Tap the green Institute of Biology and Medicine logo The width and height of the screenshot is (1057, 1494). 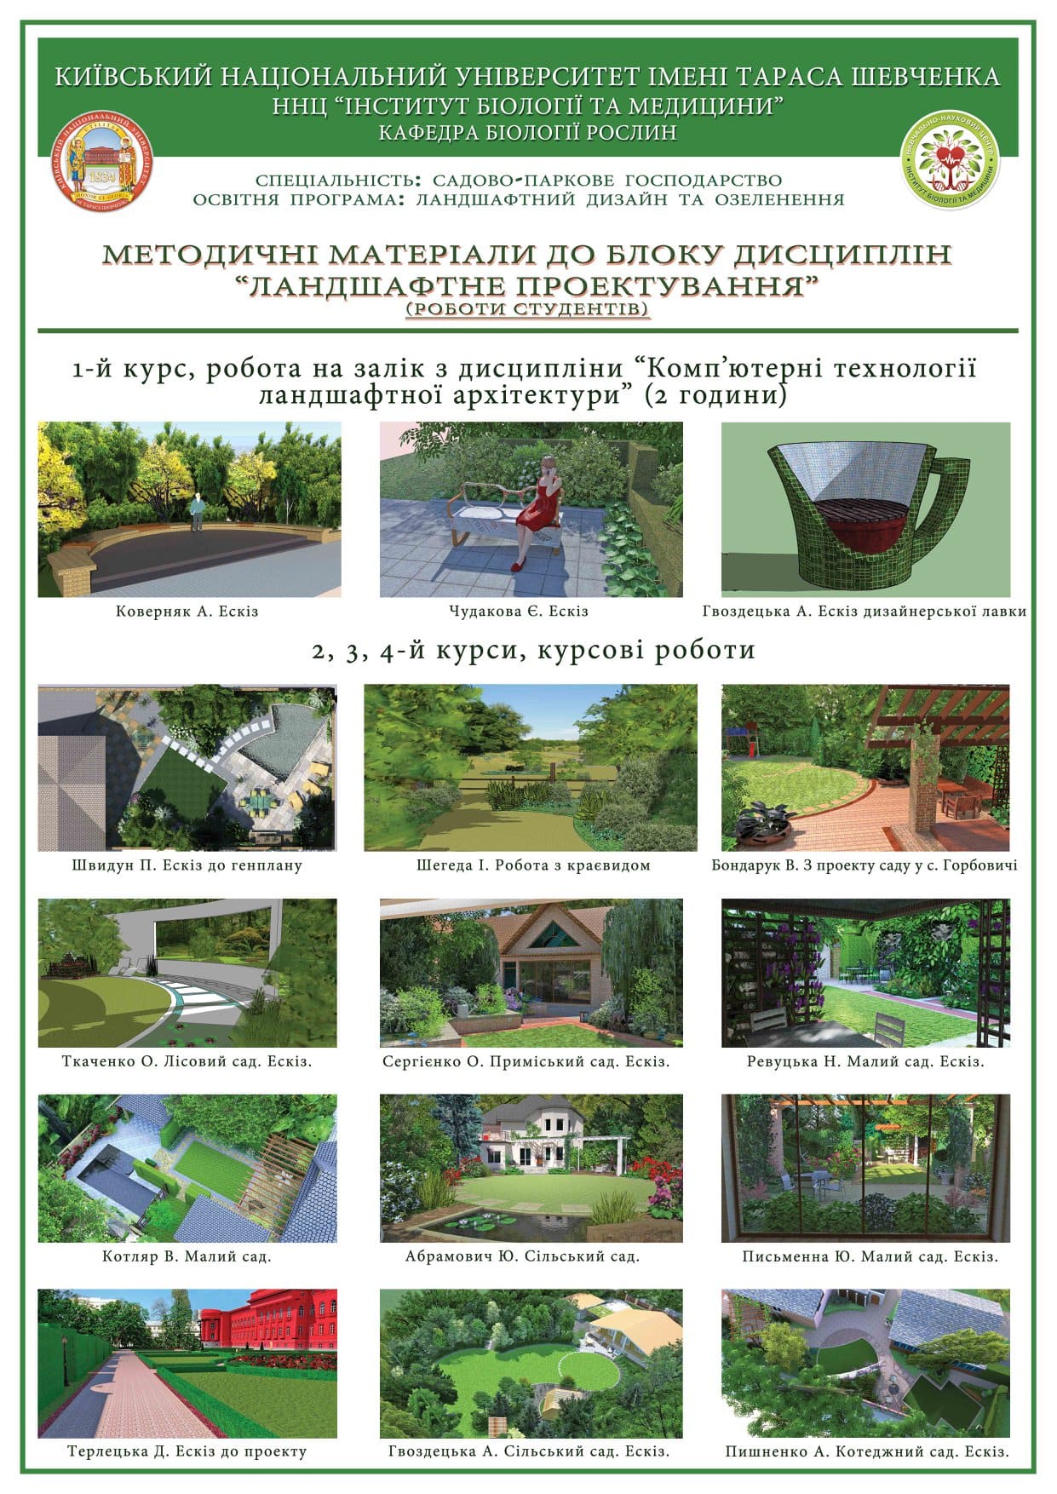[x=950, y=162]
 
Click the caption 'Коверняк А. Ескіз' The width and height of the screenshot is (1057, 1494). [x=187, y=612]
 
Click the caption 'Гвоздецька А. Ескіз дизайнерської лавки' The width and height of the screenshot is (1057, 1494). [x=865, y=612]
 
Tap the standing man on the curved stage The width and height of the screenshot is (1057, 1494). [x=197, y=512]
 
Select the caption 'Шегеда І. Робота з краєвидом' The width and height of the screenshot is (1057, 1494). [x=533, y=865]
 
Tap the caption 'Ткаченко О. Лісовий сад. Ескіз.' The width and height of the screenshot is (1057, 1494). [x=187, y=1061]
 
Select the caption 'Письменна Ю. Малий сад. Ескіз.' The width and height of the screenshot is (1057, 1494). [x=870, y=1256]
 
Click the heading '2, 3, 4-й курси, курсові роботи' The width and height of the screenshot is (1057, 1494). [x=534, y=651]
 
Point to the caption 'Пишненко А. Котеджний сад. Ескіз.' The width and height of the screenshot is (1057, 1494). [x=867, y=1452]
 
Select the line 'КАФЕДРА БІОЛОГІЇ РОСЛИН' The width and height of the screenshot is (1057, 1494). [x=528, y=132]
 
